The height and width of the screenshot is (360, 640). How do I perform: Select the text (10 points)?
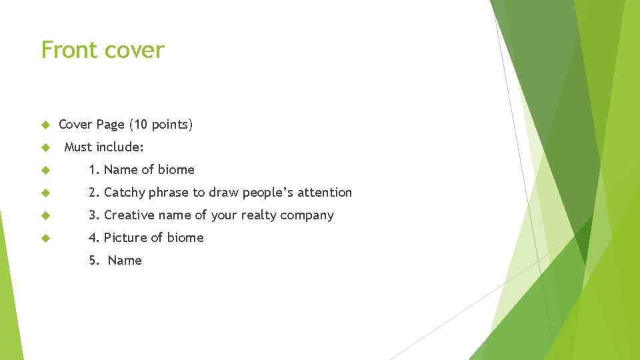161,125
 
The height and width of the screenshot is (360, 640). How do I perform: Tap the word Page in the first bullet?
110,125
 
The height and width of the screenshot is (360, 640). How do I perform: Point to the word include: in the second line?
119,147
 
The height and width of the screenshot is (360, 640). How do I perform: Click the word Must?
78,147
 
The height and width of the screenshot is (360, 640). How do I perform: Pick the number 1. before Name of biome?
94,170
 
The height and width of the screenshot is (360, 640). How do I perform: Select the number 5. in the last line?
94,261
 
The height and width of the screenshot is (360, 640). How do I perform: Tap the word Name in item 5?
125,261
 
